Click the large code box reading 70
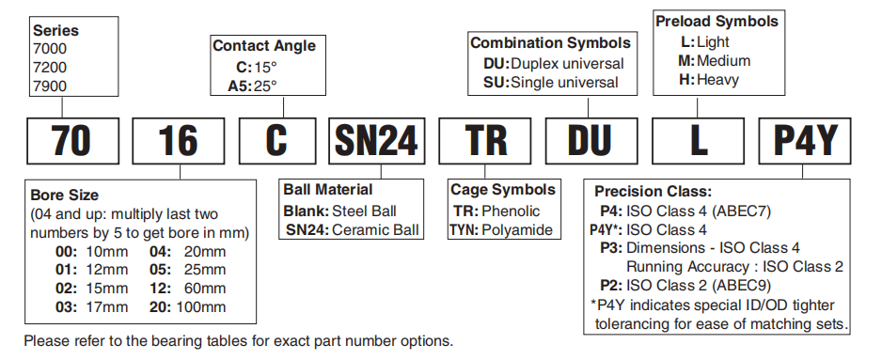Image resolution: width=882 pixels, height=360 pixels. [73, 141]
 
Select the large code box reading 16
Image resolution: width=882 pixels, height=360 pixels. [179, 141]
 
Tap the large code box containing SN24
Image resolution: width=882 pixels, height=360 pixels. [376, 141]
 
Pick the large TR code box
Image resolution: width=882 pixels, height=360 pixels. [486, 141]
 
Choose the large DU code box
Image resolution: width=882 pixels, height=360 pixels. [591, 141]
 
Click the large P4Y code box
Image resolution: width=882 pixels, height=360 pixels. [805, 141]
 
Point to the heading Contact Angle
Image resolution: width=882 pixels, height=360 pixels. [264, 46]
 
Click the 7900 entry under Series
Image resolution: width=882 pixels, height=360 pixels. [50, 86]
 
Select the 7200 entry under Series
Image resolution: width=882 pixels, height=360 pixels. [50, 68]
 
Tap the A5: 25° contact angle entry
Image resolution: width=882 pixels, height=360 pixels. [253, 86]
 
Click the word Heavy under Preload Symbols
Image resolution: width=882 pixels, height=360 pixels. [717, 79]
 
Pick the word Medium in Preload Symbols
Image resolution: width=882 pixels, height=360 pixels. [723, 61]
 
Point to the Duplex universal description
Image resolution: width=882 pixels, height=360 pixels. [567, 64]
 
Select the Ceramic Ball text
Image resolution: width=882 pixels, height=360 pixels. [375, 229]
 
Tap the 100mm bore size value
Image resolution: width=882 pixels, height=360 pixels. [201, 307]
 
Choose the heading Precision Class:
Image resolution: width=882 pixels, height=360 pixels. [654, 191]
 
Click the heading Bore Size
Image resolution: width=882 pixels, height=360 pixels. [64, 196]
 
